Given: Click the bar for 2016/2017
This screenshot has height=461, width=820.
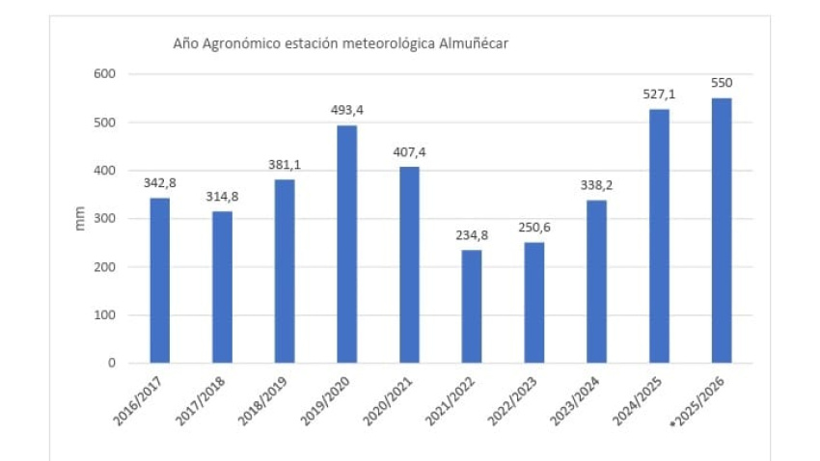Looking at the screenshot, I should pyautogui.click(x=159, y=281).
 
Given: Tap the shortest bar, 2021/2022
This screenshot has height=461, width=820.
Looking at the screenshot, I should pyautogui.click(x=471, y=307).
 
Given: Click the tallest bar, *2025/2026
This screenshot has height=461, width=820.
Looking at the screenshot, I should pyautogui.click(x=721, y=230).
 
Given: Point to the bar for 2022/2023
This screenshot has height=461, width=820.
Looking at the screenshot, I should pyautogui.click(x=533, y=303).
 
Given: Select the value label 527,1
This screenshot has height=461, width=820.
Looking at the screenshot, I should pyautogui.click(x=659, y=95).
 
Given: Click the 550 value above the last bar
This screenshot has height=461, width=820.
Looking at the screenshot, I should pyautogui.click(x=721, y=83).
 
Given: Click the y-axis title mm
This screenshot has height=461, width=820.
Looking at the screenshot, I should pyautogui.click(x=80, y=219).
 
